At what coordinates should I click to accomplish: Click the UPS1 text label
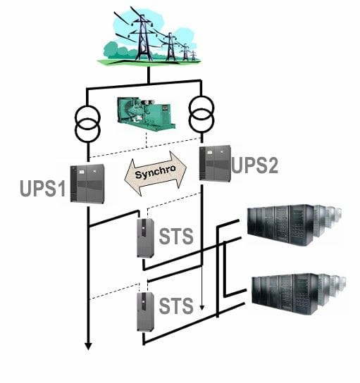[42, 188]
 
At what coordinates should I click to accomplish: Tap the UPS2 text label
[254, 165]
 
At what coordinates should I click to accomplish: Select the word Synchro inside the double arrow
[156, 172]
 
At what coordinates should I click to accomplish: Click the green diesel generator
[146, 113]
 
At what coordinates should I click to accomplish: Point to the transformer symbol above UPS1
[87, 124]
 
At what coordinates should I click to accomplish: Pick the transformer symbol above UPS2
[201, 114]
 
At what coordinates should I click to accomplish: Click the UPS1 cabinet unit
[87, 184]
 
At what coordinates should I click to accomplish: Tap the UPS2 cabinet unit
[215, 163]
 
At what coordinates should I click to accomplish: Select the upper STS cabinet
[145, 238]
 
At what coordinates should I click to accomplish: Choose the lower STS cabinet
[145, 312]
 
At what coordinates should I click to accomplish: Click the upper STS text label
[176, 236]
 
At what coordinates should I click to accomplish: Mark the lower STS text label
[176, 306]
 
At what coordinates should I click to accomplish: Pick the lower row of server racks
[299, 294]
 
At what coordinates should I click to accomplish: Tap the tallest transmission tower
[142, 37]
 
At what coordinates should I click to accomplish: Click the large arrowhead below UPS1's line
[88, 346]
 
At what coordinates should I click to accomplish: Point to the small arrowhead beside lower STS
[202, 308]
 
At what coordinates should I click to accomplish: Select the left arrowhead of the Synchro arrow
[132, 177]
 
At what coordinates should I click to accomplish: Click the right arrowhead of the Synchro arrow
[178, 169]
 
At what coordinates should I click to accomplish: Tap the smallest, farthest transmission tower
[193, 56]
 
